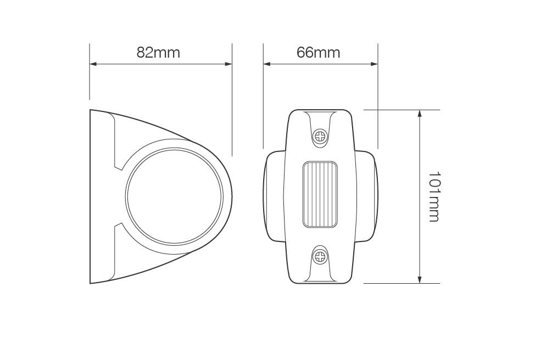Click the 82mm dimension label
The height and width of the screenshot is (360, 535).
(158, 53)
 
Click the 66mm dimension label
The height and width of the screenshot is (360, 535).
(318, 53)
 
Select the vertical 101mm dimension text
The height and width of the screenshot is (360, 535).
(434, 196)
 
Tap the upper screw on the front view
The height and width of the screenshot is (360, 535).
(319, 136)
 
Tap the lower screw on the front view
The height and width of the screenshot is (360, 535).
(319, 256)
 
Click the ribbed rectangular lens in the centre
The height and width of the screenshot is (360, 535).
(319, 194)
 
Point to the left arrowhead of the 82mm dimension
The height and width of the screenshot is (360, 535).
(93, 64)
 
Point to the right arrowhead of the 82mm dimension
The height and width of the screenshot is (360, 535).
(229, 64)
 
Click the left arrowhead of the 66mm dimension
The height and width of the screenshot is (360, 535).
(267, 64)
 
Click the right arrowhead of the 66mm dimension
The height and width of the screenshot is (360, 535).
(375, 64)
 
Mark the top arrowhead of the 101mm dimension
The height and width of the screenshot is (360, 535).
(420, 114)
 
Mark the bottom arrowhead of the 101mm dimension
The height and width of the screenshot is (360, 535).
(420, 280)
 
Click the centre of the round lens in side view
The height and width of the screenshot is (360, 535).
(174, 196)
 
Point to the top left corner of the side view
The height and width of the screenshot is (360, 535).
(91, 110)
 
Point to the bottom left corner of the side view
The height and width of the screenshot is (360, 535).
(91, 283)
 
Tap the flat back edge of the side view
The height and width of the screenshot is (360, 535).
(90, 196)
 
